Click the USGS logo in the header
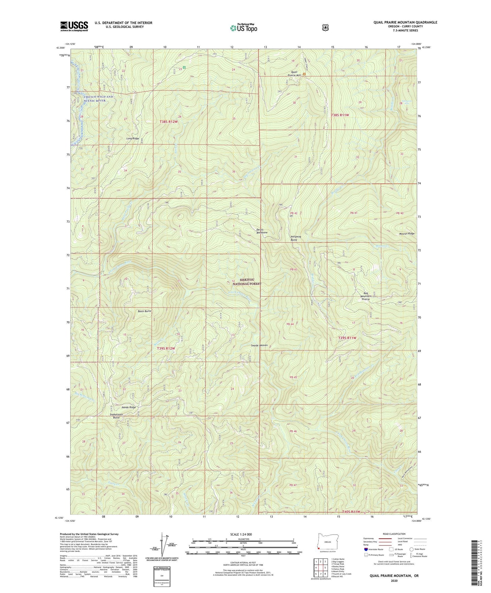74,26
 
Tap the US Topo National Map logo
243,28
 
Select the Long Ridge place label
133,139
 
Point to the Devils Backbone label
262,231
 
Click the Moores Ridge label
397,234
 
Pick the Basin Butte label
144,311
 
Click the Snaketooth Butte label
116,416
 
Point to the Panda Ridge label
127,407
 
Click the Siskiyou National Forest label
246,282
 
